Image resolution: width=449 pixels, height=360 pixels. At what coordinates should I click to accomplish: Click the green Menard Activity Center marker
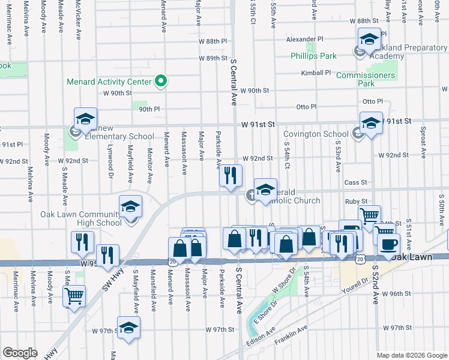pos(160,80)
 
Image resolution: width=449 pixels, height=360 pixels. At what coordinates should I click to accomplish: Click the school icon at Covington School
pos(371,124)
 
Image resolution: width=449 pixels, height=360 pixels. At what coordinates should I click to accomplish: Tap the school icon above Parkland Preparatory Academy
pos(369,40)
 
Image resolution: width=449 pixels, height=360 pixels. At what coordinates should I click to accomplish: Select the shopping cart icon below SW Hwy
pos(74,296)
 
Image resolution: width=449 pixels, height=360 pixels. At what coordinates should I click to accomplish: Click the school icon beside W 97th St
pos(128,328)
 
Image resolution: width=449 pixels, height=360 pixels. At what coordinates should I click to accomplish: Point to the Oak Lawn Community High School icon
pos(130,208)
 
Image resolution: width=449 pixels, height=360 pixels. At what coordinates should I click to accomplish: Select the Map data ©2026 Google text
pos(411,355)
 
